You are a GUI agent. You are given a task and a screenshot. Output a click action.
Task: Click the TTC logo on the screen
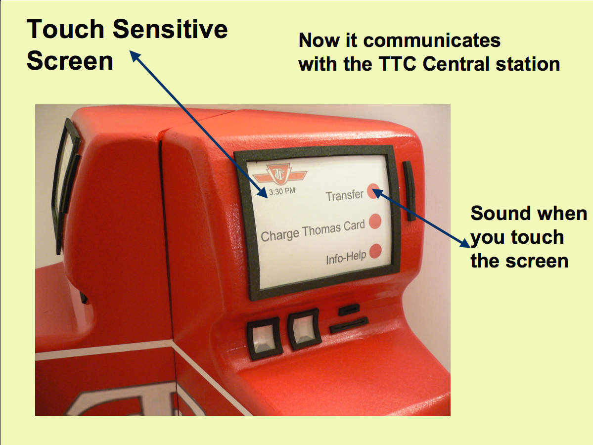279,175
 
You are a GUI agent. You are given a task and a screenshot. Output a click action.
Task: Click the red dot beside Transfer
373,189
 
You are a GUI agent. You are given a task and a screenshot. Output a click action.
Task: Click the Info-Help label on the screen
346,257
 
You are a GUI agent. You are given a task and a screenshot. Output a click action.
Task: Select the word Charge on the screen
279,235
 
